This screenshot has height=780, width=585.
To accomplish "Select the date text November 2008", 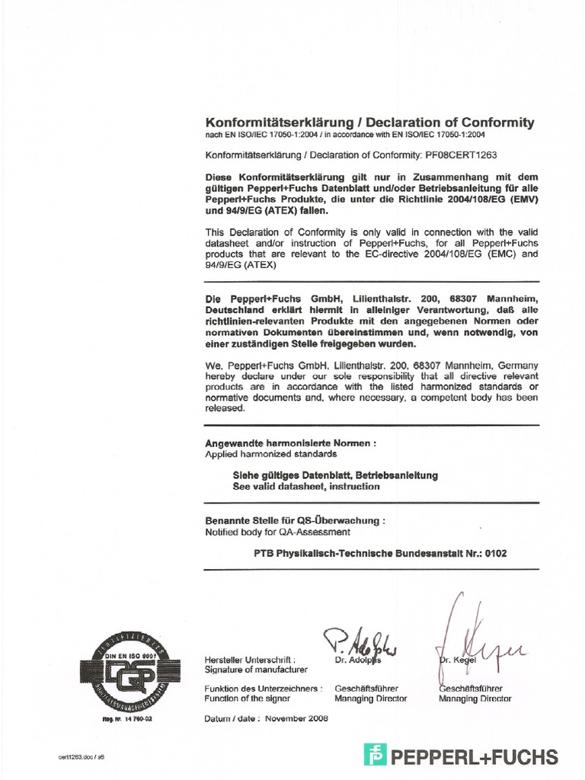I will pyautogui.click(x=298, y=719).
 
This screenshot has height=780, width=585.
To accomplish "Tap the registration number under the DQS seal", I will pyautogui.click(x=127, y=719).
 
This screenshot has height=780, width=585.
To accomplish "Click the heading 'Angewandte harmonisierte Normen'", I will pyautogui.click(x=290, y=443).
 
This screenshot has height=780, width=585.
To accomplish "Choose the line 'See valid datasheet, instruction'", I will pyautogui.click(x=306, y=486).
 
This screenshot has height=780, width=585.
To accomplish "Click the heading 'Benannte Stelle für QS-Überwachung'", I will pyautogui.click(x=295, y=520).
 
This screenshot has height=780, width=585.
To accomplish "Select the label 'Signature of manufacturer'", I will pyautogui.click(x=256, y=670).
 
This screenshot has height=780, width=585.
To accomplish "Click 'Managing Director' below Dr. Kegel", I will pyautogui.click(x=475, y=698).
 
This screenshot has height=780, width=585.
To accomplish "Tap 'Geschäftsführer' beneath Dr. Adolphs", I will pyautogui.click(x=366, y=688).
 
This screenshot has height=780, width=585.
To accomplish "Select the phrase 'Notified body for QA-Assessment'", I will pyautogui.click(x=277, y=532).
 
